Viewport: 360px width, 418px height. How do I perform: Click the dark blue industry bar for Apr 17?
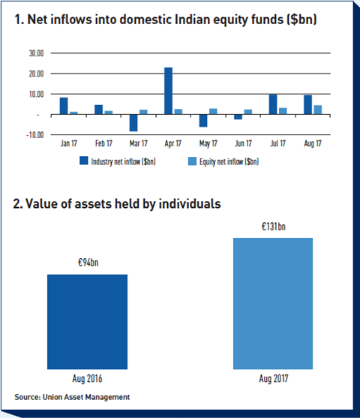click(168, 91)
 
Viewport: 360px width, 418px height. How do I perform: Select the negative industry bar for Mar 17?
click(133, 123)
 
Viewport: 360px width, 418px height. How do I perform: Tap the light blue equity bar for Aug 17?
click(318, 110)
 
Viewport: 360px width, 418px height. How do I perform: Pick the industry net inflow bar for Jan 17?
click(64, 106)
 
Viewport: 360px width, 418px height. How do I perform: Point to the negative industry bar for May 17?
click(203, 121)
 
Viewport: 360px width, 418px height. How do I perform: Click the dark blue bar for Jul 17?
click(273, 104)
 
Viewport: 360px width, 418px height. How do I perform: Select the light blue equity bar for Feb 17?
click(109, 113)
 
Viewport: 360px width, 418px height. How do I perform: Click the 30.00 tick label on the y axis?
click(36, 53)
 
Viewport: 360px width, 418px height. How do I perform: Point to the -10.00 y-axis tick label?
click(35, 135)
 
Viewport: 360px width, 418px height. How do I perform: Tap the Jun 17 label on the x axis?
click(243, 143)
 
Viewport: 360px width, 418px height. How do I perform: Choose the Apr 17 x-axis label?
click(173, 143)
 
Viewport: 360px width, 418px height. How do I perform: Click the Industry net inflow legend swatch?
click(84, 161)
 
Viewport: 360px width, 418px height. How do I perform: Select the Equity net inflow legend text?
click(229, 161)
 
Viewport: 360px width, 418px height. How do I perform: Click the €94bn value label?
click(88, 263)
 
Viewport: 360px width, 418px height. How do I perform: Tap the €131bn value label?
click(274, 227)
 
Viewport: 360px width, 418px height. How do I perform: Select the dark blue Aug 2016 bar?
click(88, 322)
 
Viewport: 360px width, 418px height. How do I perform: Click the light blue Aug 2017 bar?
click(273, 303)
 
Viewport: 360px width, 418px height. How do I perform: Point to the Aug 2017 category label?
click(274, 378)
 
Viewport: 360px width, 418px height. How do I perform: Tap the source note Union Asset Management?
click(86, 397)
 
